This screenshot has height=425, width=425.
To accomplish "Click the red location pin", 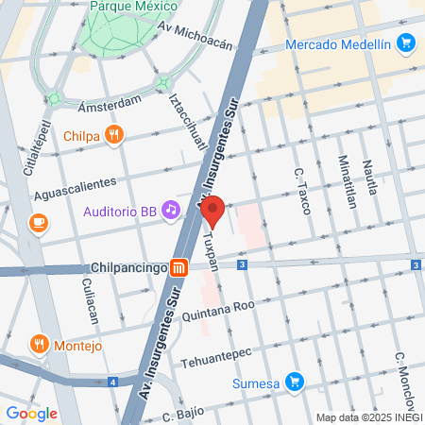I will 212,212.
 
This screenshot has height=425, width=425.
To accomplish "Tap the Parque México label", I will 134,7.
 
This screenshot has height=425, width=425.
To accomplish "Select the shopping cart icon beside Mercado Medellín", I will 406,42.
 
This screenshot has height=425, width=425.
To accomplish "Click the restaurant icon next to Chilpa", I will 113,134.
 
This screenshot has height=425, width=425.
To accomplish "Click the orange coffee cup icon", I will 38,222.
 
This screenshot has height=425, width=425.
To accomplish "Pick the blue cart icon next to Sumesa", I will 295,382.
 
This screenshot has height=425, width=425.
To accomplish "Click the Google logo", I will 31,413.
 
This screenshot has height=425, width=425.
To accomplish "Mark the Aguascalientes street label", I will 75,187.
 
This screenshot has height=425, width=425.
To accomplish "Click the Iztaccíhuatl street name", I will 186,123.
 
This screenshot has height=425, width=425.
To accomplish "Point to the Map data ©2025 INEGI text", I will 368,416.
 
